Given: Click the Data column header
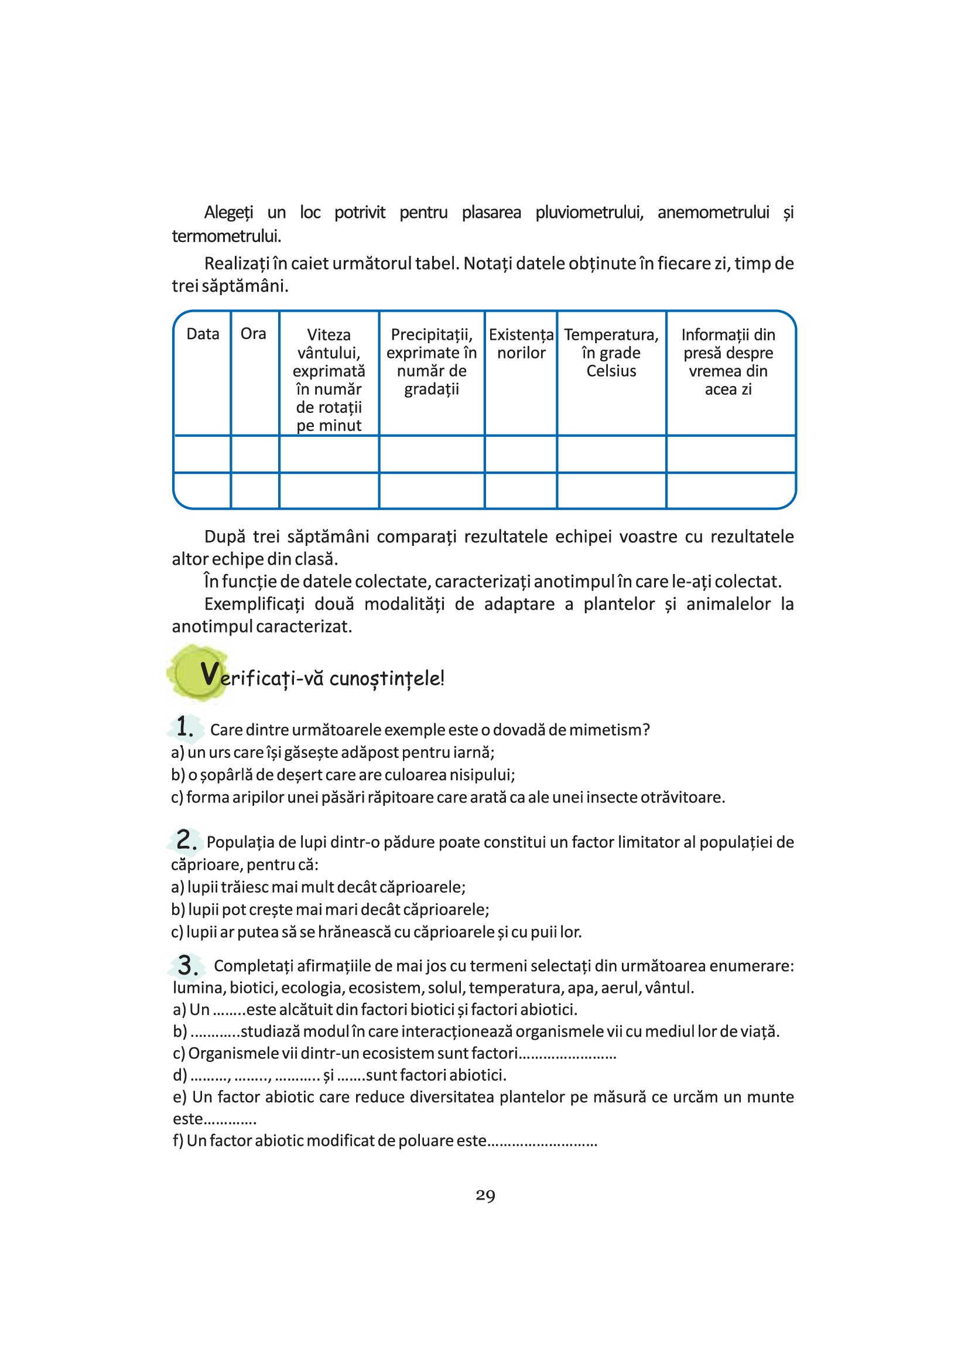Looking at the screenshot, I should [x=203, y=334].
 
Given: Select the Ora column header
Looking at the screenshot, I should [x=253, y=334].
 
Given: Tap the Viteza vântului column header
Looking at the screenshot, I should [x=329, y=380].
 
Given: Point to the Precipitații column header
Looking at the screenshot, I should [x=431, y=361].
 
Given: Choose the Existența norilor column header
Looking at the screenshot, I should [x=521, y=344].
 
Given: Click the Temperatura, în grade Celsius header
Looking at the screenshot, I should [x=611, y=353].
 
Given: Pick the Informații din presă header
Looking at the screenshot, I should [x=728, y=361].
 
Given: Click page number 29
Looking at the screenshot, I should [x=485, y=1196].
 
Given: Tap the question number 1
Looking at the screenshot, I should [x=185, y=727].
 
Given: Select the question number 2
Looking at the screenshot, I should [x=186, y=840].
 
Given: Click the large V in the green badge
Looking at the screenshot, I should [x=208, y=674].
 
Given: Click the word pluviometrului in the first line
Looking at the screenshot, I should [x=589, y=213].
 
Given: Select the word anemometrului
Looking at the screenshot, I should [x=713, y=213].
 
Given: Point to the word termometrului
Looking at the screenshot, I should [x=226, y=236].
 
